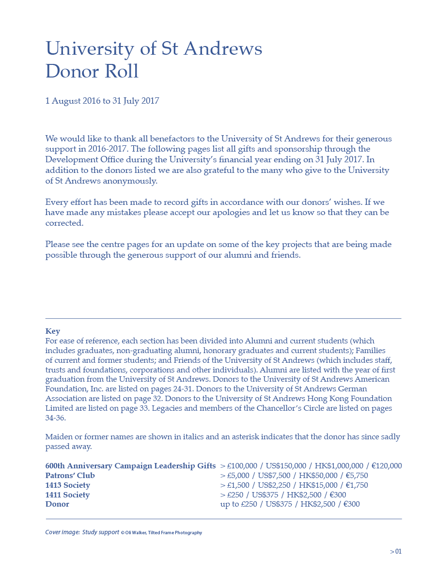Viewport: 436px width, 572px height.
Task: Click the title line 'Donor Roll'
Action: (x=92, y=72)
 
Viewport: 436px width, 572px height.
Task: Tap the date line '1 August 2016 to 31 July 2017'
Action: (x=102, y=101)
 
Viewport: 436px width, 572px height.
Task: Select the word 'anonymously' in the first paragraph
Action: (x=130, y=181)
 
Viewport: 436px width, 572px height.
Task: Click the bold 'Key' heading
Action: (x=53, y=331)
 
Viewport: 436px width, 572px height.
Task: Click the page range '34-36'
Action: (x=55, y=417)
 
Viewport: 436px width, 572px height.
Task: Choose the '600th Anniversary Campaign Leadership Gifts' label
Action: (x=130, y=466)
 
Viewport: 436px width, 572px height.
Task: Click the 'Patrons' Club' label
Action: (x=70, y=476)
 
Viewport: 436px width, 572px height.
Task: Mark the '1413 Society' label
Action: (x=67, y=485)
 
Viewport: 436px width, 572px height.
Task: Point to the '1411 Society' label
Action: (x=67, y=495)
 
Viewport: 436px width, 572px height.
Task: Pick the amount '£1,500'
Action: (x=237, y=485)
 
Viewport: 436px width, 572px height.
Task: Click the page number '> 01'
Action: (x=396, y=551)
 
